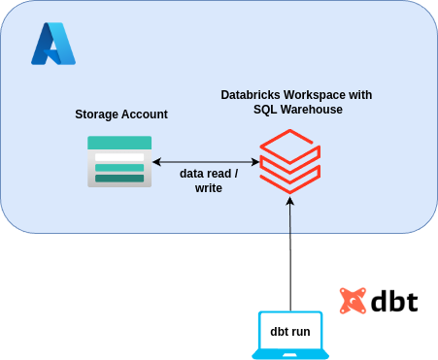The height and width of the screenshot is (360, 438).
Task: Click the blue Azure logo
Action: click(53, 44)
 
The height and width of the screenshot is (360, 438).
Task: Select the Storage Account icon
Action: click(119, 160)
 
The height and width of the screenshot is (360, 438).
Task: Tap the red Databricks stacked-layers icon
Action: click(289, 163)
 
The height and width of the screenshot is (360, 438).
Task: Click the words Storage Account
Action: click(121, 115)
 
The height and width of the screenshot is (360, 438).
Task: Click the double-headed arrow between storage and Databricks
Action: click(206, 162)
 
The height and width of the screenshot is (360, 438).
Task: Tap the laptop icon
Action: click(290, 334)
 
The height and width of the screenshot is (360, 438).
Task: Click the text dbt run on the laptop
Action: click(290, 332)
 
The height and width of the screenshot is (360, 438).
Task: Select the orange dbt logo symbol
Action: click(353, 301)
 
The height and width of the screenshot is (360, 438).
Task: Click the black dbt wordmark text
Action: click(393, 301)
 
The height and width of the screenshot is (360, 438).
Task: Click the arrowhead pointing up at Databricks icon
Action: click(290, 201)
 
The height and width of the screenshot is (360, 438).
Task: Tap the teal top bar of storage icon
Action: click(119, 143)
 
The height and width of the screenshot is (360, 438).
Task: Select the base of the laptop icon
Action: click(290, 354)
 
